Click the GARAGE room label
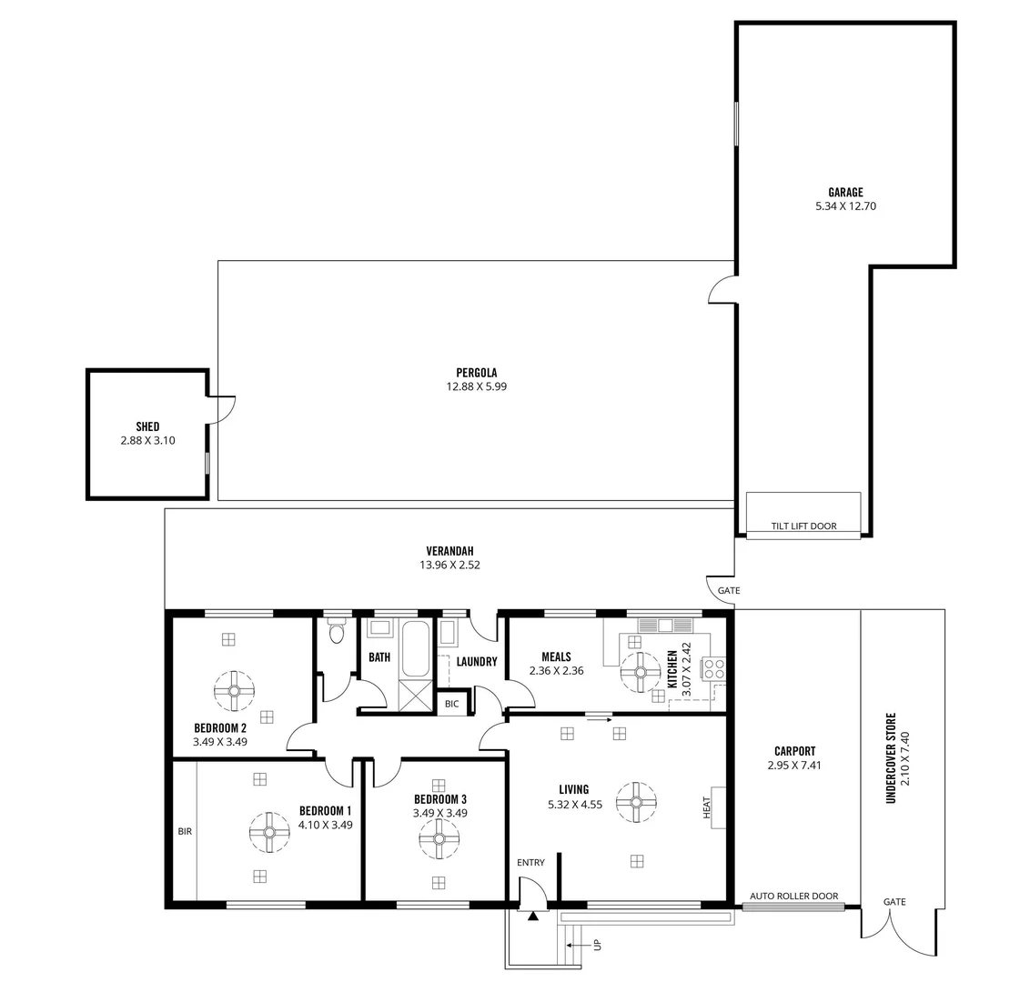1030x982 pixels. tap(845, 192)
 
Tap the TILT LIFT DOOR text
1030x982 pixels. tap(803, 526)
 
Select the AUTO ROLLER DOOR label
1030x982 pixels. tap(793, 897)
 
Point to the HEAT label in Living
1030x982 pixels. tap(707, 808)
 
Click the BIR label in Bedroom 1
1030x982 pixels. tap(185, 831)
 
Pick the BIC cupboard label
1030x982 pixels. tap(452, 704)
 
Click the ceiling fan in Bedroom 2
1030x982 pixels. tap(234, 690)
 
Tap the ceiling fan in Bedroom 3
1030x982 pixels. tap(439, 838)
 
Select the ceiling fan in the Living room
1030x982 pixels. tap(636, 802)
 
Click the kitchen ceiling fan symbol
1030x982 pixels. tap(641, 673)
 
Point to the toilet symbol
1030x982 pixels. tap(338, 632)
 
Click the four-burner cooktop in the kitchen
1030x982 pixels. tap(714, 668)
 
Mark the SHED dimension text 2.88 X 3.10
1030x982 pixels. tap(147, 440)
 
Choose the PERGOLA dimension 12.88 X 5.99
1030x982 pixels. tap(476, 386)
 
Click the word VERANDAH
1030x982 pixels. tap(449, 551)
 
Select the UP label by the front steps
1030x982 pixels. tap(597, 946)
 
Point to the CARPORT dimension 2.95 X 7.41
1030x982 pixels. tap(794, 766)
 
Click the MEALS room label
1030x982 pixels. tap(556, 657)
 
